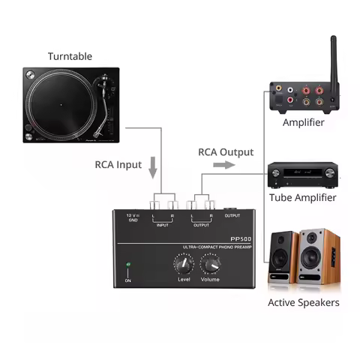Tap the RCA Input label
coord(118,165)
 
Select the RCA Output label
coord(226,151)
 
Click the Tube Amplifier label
coord(304,197)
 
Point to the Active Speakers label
coord(304,302)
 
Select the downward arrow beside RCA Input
coord(154,167)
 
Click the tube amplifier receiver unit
coord(304,176)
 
